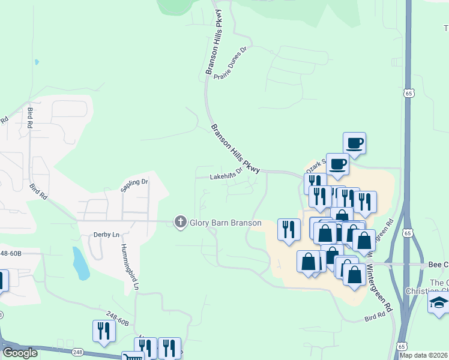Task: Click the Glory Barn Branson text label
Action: [226, 223]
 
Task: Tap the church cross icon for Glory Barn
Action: [179, 223]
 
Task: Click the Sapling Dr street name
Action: [134, 185]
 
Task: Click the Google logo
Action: [20, 353]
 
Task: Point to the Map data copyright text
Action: [424, 355]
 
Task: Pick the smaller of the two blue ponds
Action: [37, 62]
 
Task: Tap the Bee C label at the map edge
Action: [438, 265]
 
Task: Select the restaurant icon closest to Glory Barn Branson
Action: [289, 229]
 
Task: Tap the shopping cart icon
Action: [133, 356]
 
